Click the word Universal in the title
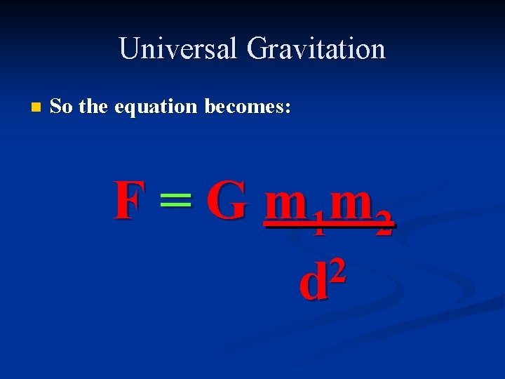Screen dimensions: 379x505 coord(178,48)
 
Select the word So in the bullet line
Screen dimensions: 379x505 coord(62,107)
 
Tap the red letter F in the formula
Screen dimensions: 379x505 coord(130,200)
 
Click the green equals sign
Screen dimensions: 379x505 coord(175,202)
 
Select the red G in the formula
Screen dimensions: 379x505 coord(227,200)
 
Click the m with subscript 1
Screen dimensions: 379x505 coord(287,204)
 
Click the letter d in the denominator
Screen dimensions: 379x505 coord(314,281)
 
